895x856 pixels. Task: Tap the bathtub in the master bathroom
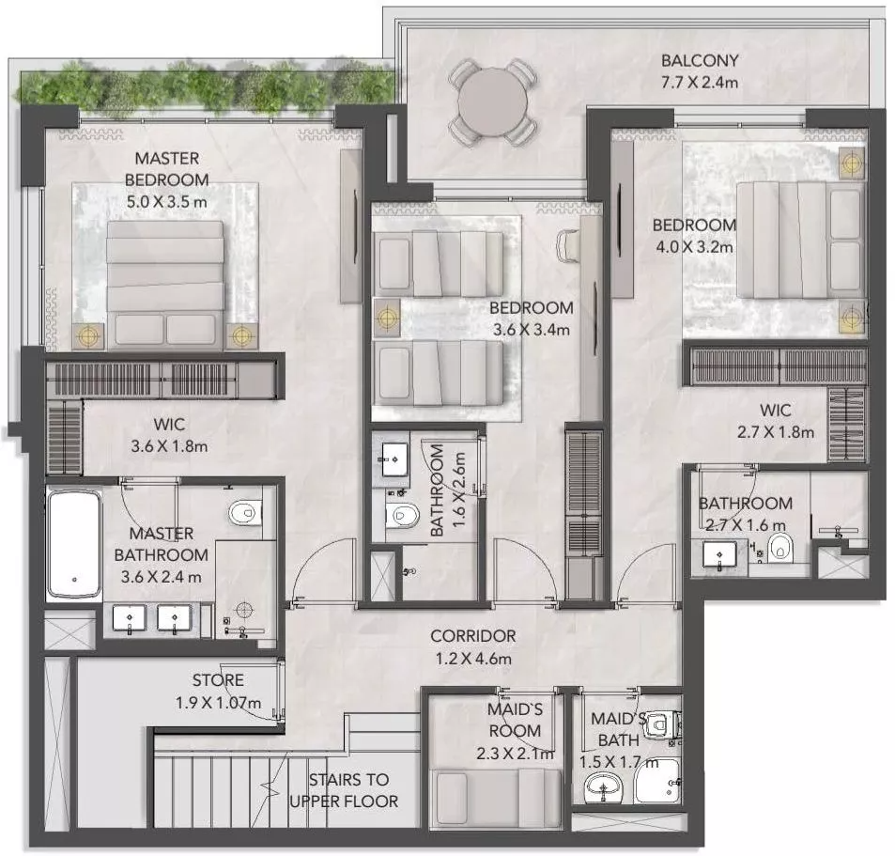coord(75,543)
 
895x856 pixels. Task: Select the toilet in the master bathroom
coord(245,512)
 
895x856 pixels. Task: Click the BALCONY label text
coord(700,60)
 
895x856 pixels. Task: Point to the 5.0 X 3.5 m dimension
coord(166,202)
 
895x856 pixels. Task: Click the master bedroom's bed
coord(165,285)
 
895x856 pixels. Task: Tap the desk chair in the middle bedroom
coord(568,245)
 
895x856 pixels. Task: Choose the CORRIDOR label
coord(472,635)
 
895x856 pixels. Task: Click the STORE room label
coord(218,679)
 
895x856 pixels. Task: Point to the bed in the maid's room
coord(496,797)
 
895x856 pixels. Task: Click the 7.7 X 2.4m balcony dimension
coord(700,83)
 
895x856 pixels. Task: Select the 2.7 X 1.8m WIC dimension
coord(775,432)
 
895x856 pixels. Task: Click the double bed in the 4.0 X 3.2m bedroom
coord(799,240)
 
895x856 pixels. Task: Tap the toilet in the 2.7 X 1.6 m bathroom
coord(779,549)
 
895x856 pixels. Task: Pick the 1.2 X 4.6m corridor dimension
coord(473,659)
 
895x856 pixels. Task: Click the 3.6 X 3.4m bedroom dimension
coord(531,330)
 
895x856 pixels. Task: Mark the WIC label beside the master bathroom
coord(169,425)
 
